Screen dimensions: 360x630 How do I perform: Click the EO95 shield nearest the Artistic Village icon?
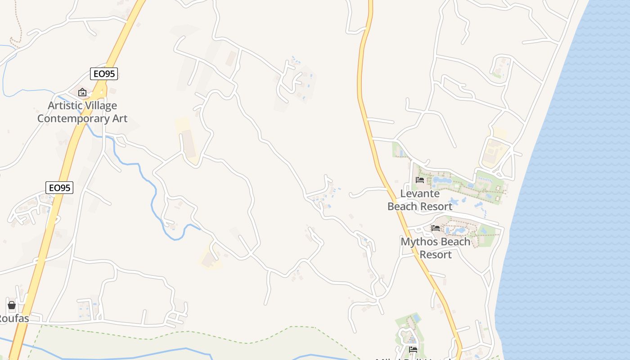tap(104, 74)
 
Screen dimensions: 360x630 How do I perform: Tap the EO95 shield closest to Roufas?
tap(59, 188)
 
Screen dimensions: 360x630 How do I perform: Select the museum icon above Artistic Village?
tap(82, 92)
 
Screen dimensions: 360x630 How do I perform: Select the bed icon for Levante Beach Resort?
tap(420, 180)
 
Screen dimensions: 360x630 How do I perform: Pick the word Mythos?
tap(417, 242)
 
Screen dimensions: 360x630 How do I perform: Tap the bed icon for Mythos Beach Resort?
tap(436, 228)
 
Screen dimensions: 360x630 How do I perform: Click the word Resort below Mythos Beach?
tap(436, 255)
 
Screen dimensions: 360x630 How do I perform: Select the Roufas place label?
tap(13, 319)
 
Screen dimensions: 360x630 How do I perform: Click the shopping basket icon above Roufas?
tap(12, 305)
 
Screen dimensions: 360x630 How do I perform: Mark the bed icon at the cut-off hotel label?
tap(413, 349)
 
